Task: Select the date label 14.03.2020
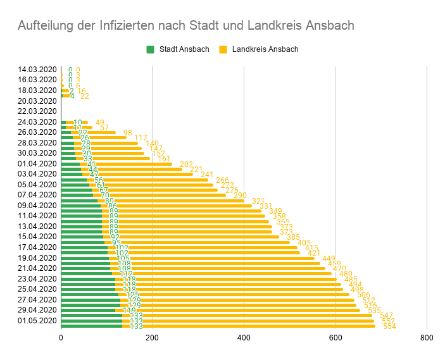pos(38,70)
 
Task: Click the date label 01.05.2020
pos(38,321)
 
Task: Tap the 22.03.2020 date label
pos(38,111)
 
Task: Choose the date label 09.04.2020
pos(38,205)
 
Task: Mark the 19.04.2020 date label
pos(38,258)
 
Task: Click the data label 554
pos(389,326)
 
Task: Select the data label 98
pos(128,133)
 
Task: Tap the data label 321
pos(258,201)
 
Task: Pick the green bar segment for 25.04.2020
pos(88,289)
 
